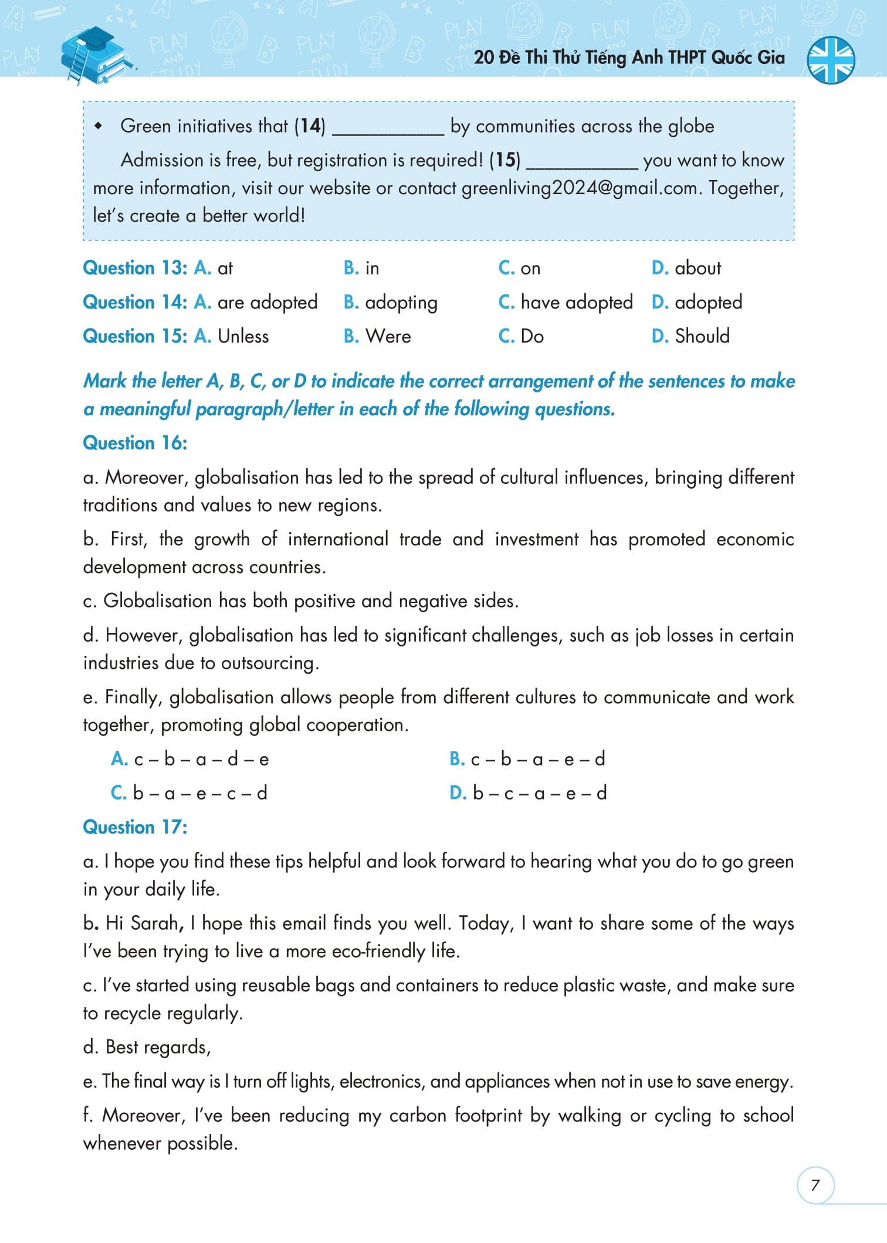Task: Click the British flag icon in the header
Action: pos(831,59)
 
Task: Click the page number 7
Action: pos(815,1185)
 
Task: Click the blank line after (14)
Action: pos(388,127)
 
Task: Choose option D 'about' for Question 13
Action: pos(697,268)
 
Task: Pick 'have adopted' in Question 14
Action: pos(576,302)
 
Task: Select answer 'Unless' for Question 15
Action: pos(243,336)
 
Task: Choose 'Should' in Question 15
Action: pos(702,336)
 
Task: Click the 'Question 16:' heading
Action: pos(135,443)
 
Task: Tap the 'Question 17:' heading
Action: pos(135,827)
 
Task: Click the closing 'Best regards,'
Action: pos(157,1046)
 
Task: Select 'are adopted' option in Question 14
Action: pos(267,302)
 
